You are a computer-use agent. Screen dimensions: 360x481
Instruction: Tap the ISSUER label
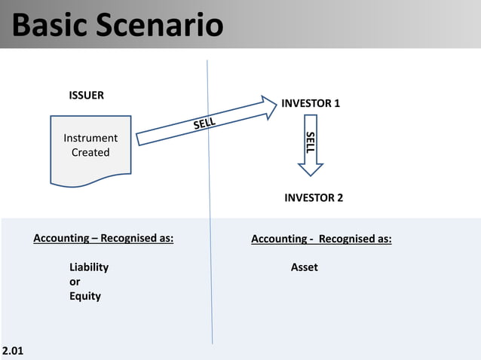87,96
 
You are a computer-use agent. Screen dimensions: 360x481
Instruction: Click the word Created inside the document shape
90,152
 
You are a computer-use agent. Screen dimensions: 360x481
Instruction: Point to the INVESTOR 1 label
311,103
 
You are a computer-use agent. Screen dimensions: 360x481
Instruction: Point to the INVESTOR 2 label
314,198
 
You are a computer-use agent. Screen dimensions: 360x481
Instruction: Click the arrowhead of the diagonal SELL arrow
270,105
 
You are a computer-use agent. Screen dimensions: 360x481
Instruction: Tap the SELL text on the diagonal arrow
204,123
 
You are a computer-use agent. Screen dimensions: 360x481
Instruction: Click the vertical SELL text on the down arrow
310,142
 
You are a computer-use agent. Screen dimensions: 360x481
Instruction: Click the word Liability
89,267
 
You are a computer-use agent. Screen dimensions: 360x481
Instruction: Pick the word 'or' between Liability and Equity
75,282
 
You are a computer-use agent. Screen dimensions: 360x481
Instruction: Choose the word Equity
85,296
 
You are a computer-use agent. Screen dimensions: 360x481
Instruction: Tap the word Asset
305,267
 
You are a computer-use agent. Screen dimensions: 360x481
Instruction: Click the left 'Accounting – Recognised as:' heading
103,239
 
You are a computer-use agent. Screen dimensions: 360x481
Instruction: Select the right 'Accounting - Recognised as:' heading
321,239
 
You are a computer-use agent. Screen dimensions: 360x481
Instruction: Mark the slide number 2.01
13,351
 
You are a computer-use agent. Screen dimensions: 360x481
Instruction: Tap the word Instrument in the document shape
90,138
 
